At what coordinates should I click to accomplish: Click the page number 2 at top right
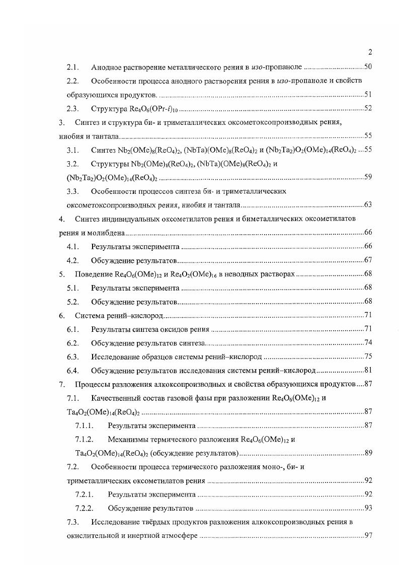click(x=370, y=52)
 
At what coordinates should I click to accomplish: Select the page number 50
click(x=368, y=67)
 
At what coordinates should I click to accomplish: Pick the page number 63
click(x=368, y=205)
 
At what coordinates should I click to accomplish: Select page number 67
click(x=368, y=260)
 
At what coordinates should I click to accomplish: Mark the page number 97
click(x=368, y=535)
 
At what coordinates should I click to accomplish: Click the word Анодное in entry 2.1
click(x=106, y=67)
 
